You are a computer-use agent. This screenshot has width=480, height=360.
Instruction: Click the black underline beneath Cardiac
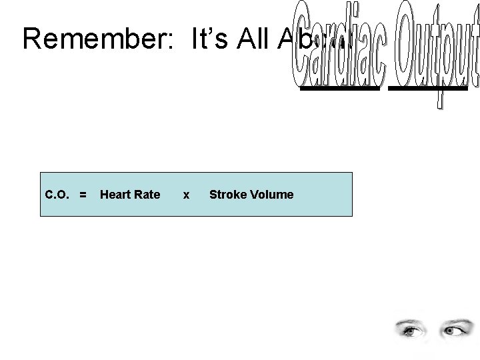point(341,87)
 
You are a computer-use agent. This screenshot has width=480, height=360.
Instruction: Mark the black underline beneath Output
point(427,87)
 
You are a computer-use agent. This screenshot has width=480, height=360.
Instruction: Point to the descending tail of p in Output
point(441,100)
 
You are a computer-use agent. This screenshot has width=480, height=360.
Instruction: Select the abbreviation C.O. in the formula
point(58,195)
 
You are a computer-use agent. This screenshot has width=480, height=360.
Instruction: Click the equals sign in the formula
point(83,195)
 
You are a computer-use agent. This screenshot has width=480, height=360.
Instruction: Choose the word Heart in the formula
point(114,195)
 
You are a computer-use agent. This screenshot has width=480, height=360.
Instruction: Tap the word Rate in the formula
point(147,195)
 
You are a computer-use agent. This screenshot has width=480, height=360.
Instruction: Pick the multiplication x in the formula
point(186,195)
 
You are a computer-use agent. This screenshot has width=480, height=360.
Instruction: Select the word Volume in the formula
point(269,195)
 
